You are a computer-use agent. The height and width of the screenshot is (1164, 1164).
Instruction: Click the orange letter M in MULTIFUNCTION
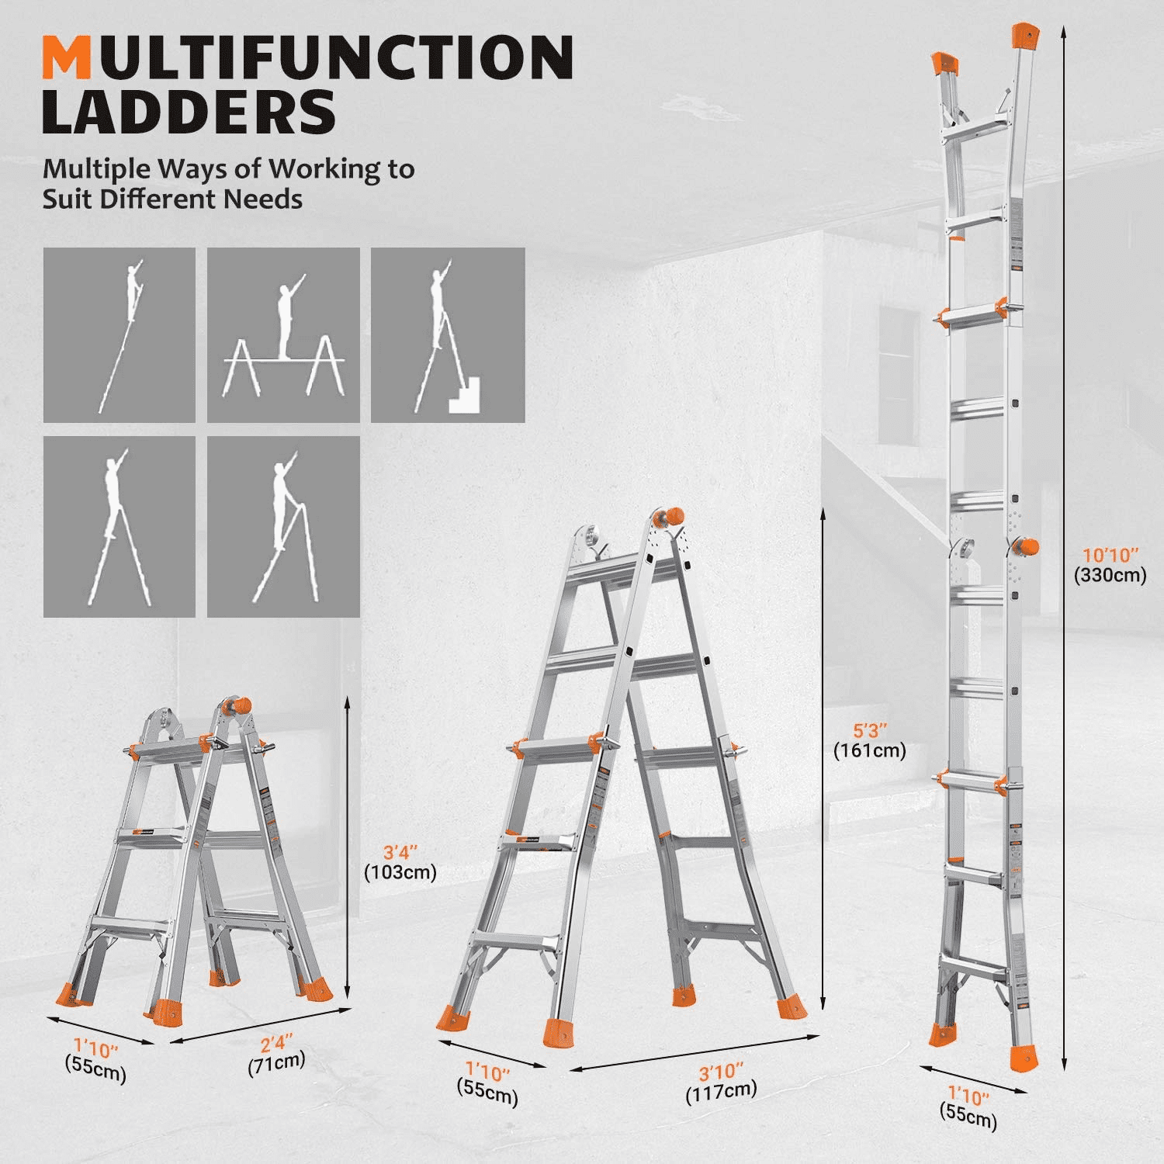67,57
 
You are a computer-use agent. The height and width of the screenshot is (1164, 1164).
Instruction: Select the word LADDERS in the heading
189,113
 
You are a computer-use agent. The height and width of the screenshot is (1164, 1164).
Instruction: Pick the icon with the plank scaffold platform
283,335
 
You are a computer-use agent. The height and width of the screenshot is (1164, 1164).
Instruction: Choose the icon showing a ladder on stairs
448,335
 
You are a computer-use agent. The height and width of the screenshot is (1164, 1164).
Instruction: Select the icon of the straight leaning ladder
120,335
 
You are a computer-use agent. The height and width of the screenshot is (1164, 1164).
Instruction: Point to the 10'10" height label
1110,564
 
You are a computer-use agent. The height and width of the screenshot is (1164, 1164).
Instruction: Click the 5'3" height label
869,740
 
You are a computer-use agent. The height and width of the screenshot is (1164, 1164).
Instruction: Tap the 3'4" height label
400,862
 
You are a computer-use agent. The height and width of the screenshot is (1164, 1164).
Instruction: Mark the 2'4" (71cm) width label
276,1053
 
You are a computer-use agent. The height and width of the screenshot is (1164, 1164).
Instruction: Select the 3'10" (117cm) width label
720,1082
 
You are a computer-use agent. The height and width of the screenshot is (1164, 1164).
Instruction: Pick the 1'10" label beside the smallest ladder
95,1058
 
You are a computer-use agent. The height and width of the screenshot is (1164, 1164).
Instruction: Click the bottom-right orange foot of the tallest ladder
1024,1058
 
